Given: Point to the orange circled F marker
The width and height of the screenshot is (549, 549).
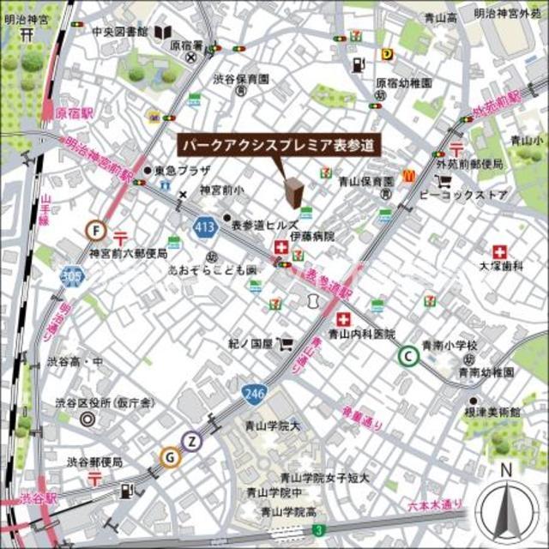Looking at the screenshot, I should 96,230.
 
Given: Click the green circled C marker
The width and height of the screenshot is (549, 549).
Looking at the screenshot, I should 409,355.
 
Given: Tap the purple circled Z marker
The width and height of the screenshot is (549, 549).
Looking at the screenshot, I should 194,443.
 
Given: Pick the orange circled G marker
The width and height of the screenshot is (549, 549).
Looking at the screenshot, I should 170,458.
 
